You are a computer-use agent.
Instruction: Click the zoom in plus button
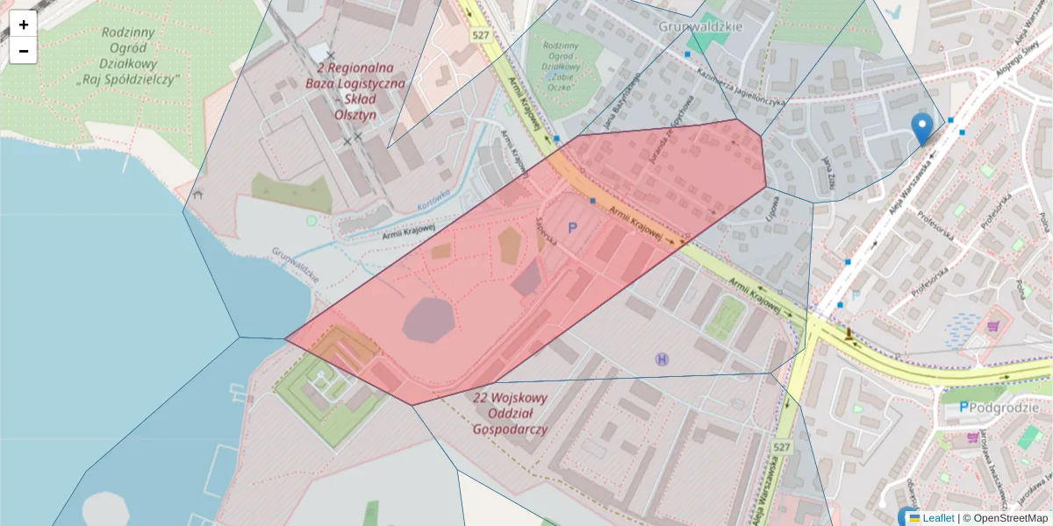tap(24, 25)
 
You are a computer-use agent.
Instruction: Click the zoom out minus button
tap(24, 51)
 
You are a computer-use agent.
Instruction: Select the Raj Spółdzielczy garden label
tap(128, 56)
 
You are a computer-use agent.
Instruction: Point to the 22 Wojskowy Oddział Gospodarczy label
tap(510, 414)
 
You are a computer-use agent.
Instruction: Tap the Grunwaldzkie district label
tap(700, 26)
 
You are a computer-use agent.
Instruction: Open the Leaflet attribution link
tap(937, 518)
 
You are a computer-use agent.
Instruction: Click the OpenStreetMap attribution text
tap(1005, 518)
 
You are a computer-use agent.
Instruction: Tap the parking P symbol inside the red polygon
tap(573, 228)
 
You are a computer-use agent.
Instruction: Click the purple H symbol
tap(661, 359)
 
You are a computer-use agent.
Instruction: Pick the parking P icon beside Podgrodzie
tap(963, 407)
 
